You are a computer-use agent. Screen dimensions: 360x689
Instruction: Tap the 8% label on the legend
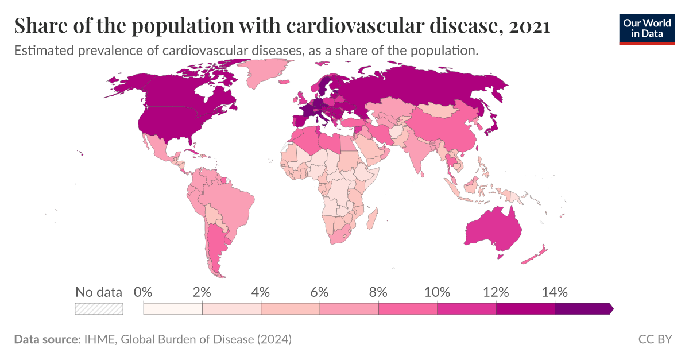pos(378,292)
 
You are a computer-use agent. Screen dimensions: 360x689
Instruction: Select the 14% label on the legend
pos(555,292)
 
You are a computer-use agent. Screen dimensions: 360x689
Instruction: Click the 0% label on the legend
pos(143,292)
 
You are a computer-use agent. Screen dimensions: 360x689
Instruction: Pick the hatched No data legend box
pos(99,309)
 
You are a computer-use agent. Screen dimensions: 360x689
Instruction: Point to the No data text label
pos(99,292)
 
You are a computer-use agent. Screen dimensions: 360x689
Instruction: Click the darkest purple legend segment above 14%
pos(583,309)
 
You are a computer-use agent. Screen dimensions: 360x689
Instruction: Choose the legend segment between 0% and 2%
pos(173,309)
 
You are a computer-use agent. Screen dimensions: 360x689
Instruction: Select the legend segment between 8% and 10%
pos(408,309)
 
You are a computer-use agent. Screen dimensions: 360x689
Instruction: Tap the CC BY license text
pos(655,339)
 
